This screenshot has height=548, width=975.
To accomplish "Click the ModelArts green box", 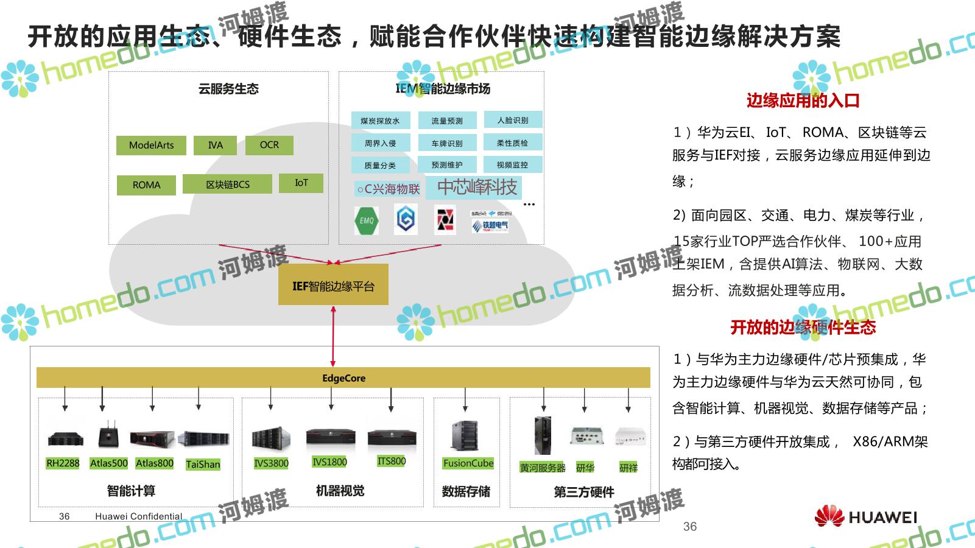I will (x=151, y=146).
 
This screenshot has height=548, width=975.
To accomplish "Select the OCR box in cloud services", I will (x=269, y=146).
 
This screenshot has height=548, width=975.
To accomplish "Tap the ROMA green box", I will (x=146, y=185).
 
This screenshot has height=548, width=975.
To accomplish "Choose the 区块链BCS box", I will (x=227, y=184).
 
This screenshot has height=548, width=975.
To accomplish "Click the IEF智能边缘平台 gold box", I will (x=333, y=285).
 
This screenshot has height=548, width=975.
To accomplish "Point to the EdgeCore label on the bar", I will (x=343, y=378).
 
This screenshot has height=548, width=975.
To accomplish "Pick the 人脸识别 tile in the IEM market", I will (x=513, y=120).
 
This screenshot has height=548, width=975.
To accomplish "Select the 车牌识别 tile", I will (x=447, y=143).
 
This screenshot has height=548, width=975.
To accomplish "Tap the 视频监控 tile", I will (x=512, y=164).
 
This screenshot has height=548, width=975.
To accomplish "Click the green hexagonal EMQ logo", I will (x=367, y=220).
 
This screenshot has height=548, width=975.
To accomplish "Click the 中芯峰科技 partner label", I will (x=477, y=187).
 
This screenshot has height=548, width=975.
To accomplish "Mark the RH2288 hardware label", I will (x=63, y=463).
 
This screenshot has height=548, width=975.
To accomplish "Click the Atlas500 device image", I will (x=108, y=436).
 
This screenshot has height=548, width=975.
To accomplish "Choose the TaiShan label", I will (x=203, y=465).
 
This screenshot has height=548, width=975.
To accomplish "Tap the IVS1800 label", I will (x=329, y=462).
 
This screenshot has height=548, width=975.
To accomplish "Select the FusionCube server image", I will (x=465, y=436).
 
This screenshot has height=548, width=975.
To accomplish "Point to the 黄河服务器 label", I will (x=542, y=468).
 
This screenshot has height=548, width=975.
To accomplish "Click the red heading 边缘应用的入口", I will (x=803, y=100).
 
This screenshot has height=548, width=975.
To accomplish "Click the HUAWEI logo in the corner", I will (x=865, y=516).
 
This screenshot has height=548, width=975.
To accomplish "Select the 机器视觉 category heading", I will (x=340, y=491).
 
